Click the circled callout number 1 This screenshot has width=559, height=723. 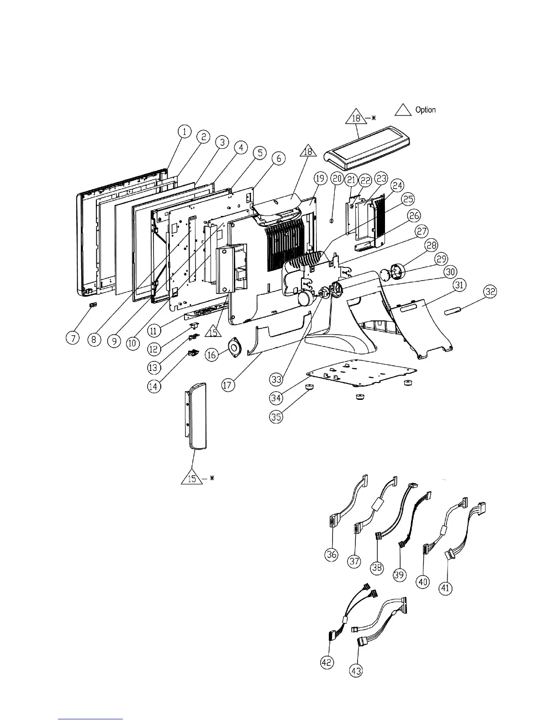pos(184,132)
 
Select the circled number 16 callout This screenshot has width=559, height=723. pos(212,355)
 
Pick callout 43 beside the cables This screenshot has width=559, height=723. pos(356,671)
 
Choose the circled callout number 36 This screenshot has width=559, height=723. pos(332,554)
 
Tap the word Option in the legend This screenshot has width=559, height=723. pos(425,110)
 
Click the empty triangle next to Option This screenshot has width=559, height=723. pos(403,110)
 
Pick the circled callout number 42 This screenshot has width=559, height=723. pos(327,662)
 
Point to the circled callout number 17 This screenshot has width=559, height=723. pos(228,385)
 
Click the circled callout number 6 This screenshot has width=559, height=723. pos(278,158)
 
